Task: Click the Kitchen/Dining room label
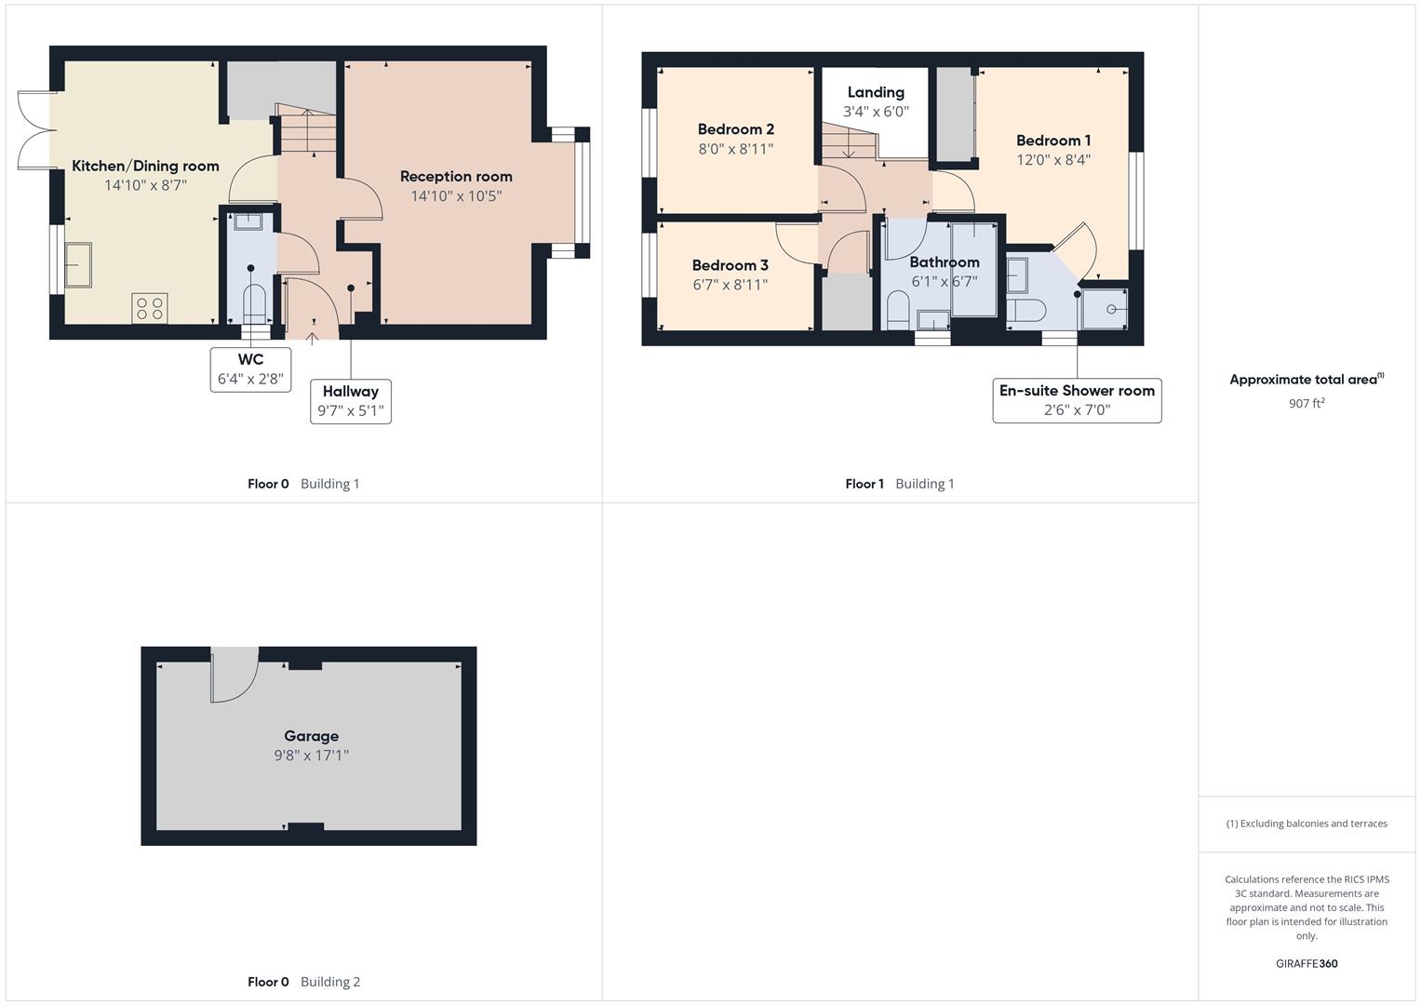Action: coord(145,167)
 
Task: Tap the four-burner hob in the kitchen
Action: coord(150,308)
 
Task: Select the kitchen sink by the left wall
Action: coord(78,265)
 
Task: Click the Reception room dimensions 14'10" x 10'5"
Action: coord(456,196)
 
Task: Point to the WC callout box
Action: coord(250,369)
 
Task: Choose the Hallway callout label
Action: coord(350,401)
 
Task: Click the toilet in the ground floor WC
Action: coord(253,303)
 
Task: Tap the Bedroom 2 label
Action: coord(736,129)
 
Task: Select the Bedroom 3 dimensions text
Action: coord(730,285)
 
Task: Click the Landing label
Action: coord(876,92)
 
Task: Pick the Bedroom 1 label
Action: coord(1053,141)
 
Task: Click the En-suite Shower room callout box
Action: coord(1077,400)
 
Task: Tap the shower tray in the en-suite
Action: coord(1106,308)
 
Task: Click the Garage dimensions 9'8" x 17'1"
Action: coord(311,756)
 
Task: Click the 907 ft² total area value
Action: coord(1307,404)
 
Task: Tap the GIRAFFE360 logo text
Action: coord(1307,964)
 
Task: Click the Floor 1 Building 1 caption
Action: coord(899,484)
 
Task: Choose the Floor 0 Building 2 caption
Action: coord(303,982)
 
